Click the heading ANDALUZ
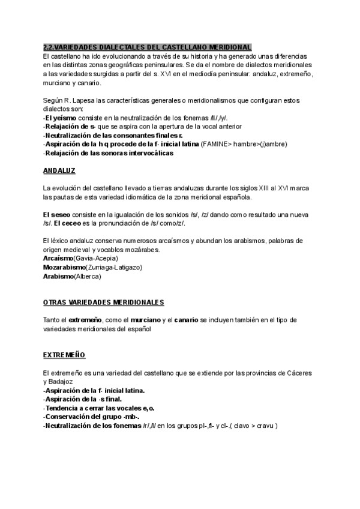[59, 171]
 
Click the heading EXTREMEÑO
[64, 355]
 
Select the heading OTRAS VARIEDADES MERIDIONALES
[104, 302]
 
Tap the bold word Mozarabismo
[64, 267]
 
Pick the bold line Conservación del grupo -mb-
[92, 417]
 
